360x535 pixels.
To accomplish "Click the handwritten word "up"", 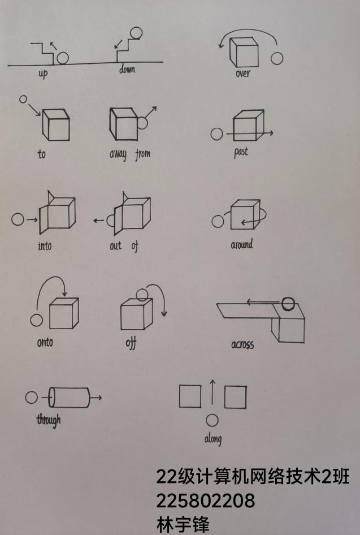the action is click(43, 74).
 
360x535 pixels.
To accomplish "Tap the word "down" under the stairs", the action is click(127, 69).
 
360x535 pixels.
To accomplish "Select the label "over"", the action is click(242, 73).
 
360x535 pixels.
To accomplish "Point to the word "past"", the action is click(241, 152).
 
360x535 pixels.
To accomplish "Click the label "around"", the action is click(242, 244).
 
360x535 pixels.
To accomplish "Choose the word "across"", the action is click(242, 344).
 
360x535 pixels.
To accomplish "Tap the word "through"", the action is click(49, 420).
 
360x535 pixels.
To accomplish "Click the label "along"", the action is click(213, 438).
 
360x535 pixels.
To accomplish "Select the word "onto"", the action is click(45, 342).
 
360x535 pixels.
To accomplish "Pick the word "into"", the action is click(45, 245).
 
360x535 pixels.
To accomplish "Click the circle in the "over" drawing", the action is click(277, 58).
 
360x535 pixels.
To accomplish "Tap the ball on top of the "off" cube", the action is click(142, 295).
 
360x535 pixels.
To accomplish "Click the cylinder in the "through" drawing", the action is click(69, 398).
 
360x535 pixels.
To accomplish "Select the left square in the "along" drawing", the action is click(190, 396).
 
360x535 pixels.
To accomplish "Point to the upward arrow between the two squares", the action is click(212, 392).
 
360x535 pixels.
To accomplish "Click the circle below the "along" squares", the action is click(212, 420).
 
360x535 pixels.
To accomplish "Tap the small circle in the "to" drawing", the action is click(23, 100).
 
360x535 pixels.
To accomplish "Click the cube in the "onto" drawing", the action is click(64, 313).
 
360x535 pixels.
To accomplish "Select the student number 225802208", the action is click(206, 501).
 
